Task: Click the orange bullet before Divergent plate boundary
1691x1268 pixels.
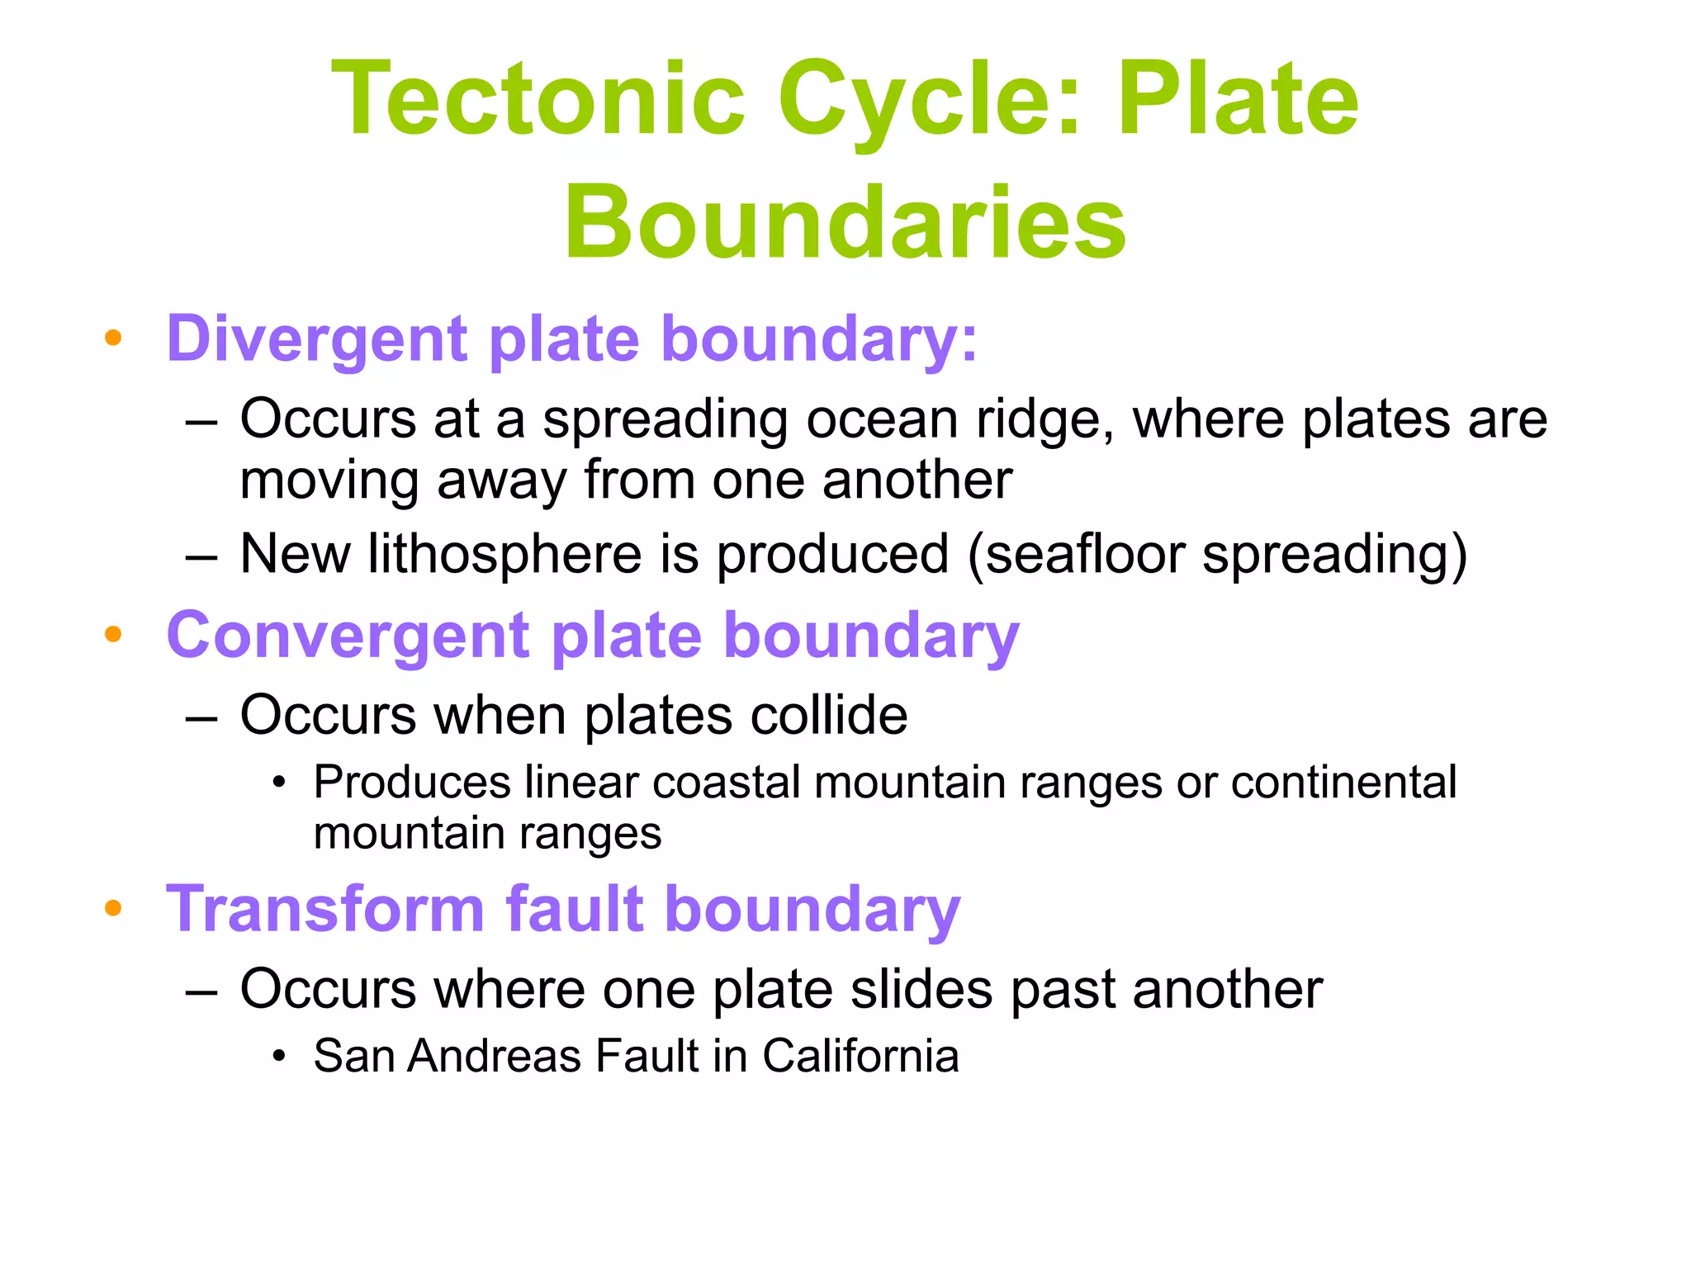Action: coord(113,338)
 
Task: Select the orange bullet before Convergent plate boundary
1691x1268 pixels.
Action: coord(113,634)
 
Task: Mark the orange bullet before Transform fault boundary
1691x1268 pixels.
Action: coord(113,908)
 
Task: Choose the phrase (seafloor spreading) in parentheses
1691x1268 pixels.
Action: coord(1217,555)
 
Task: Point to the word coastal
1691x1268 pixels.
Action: coord(727,782)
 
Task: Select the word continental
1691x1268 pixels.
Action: coord(1343,782)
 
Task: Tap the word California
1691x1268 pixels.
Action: coord(860,1056)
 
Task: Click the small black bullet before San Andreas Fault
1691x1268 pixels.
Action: coord(280,1056)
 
